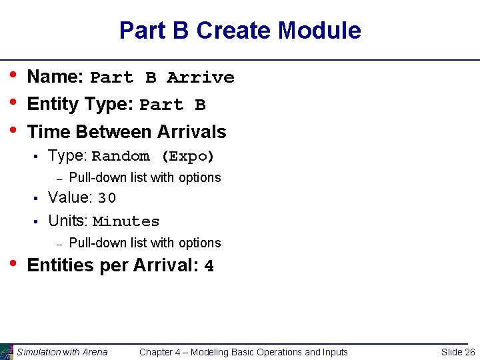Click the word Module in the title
click(319, 31)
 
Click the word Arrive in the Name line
click(200, 78)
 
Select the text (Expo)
click(187, 157)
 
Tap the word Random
click(121, 157)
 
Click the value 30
click(107, 198)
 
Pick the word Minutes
click(126, 221)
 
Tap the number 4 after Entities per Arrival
click(209, 266)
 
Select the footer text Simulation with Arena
click(62, 352)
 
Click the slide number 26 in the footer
click(469, 352)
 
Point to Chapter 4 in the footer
click(162, 352)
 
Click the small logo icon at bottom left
click(7, 351)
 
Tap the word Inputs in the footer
click(334, 352)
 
